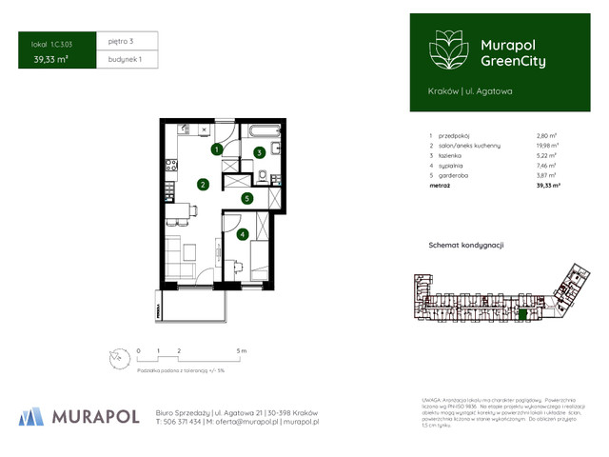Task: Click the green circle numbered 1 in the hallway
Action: tap(217, 149)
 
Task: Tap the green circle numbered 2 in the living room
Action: tap(203, 185)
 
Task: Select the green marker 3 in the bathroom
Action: tap(259, 152)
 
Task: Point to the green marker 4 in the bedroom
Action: tap(243, 233)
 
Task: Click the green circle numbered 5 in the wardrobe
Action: tap(246, 199)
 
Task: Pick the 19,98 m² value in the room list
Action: tap(547, 145)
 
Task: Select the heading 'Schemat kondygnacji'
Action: tap(466, 245)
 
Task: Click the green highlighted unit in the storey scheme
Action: tap(520, 313)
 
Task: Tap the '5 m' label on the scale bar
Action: tap(242, 351)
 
